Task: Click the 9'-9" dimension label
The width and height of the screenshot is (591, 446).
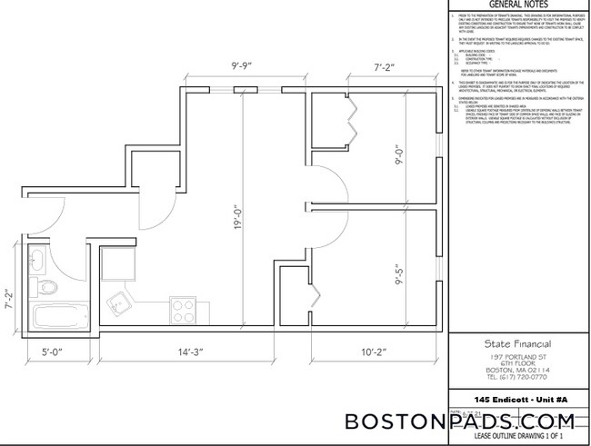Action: (x=240, y=66)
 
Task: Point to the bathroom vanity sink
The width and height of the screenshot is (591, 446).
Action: (x=38, y=262)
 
